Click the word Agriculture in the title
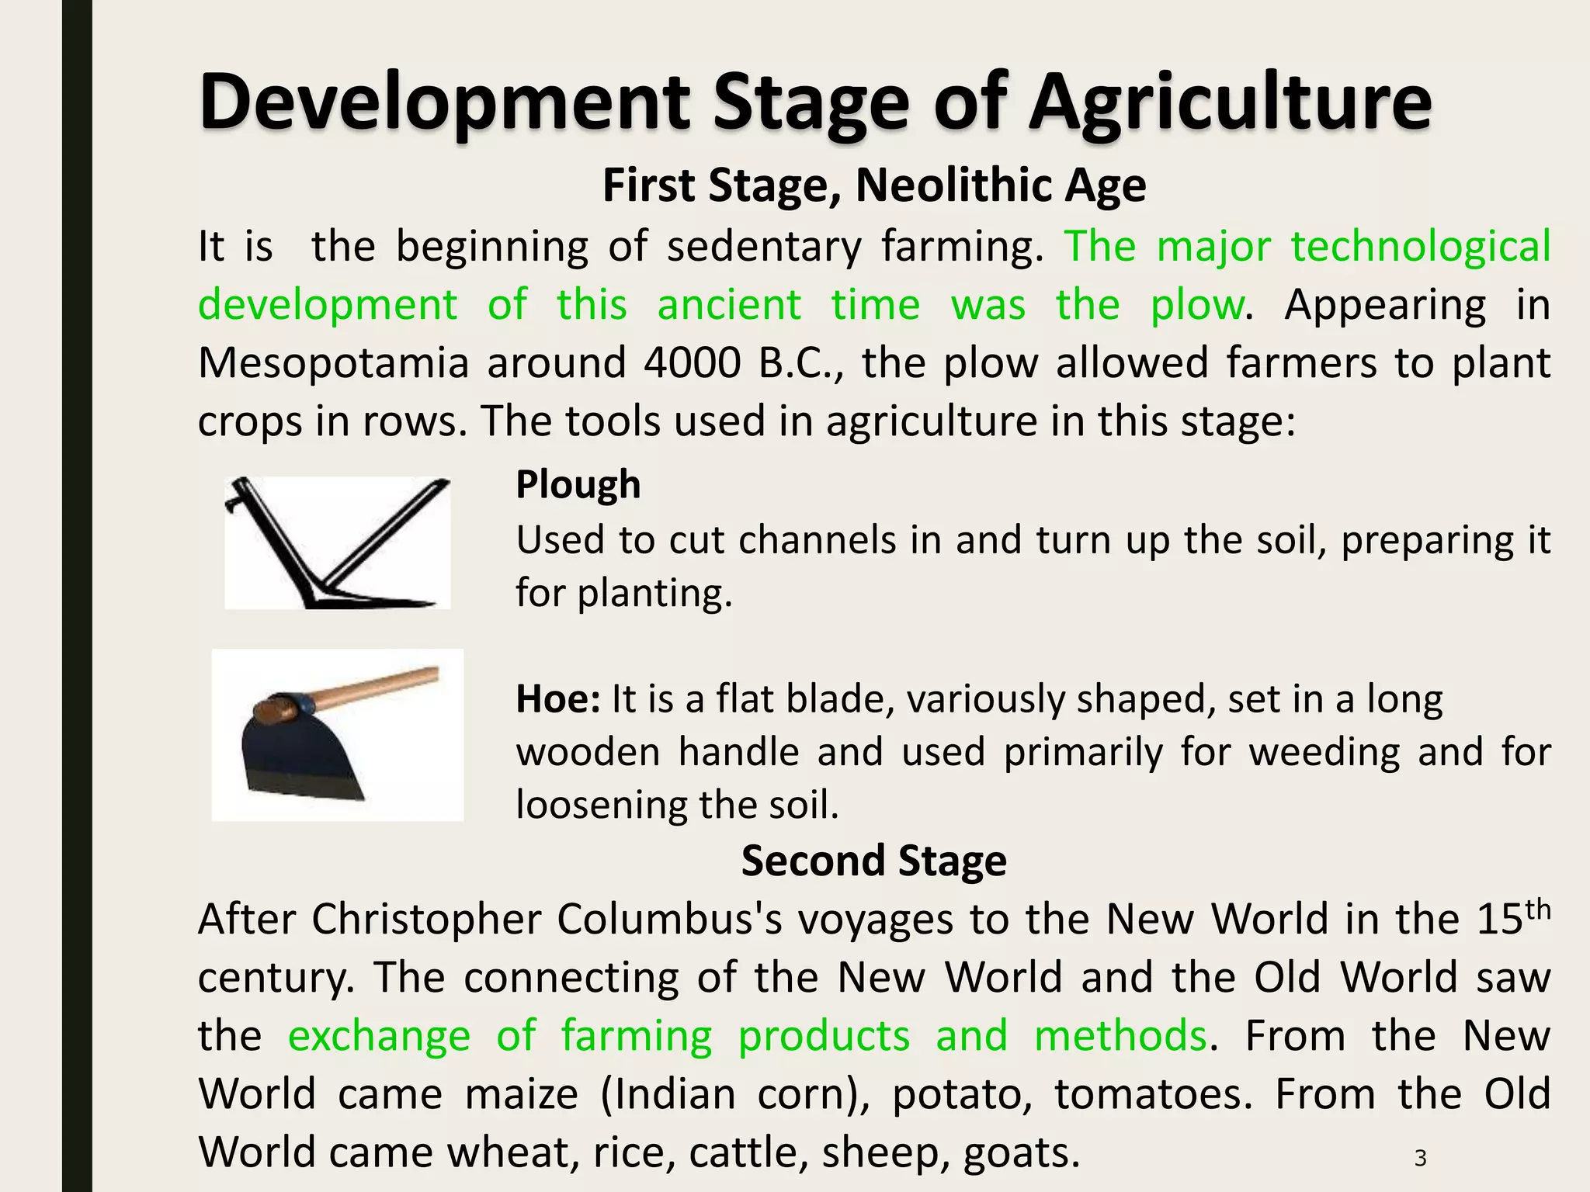1230,102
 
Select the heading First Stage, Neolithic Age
873,185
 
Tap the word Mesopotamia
334,362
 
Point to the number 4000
692,362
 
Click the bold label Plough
578,484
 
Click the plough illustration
338,542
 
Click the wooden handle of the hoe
373,688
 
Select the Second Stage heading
873,861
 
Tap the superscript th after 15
1537,907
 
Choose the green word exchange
379,1036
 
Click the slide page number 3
1420,1158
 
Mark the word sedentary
764,247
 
